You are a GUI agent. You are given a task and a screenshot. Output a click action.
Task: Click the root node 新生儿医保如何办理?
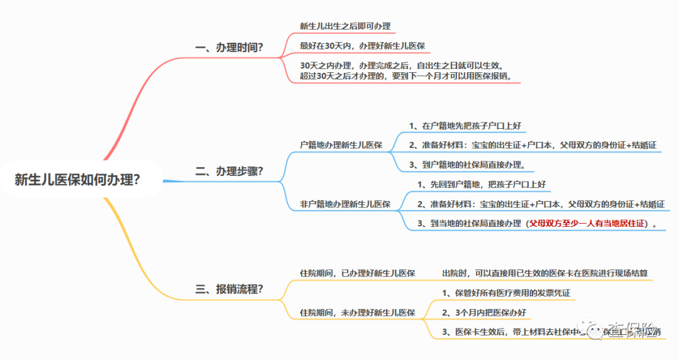[x=77, y=180]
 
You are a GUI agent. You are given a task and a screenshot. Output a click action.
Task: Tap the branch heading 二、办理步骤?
[x=229, y=171]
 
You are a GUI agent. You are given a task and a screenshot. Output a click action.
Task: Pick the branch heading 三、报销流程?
[x=229, y=289]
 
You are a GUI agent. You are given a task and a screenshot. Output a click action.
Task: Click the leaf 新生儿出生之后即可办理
[x=345, y=26]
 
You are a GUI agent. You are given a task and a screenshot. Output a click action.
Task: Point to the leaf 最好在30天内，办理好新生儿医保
[x=365, y=46]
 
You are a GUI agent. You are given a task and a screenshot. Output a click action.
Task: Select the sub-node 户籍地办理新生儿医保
[x=341, y=145]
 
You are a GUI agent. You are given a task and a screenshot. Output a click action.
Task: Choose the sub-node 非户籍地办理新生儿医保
[x=345, y=204]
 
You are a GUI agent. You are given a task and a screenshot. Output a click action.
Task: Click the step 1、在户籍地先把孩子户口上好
[x=465, y=126]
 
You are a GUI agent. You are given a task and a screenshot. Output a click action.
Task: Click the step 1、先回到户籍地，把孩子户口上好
[x=481, y=185]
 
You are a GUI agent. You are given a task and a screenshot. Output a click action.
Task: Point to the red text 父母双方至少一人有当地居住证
[x=587, y=224]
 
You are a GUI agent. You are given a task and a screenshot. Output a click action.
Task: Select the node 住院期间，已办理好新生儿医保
[x=357, y=273]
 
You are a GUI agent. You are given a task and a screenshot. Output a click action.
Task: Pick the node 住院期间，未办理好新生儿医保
[x=357, y=312]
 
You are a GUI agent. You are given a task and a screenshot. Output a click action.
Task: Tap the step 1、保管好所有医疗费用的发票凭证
[x=506, y=293]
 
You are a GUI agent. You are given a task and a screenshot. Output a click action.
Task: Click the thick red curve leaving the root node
[x=126, y=119]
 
